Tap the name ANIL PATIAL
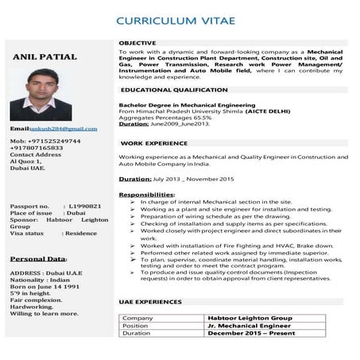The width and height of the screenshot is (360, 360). (45, 57)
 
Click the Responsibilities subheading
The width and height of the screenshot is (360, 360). (146, 195)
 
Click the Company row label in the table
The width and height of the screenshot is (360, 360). (137, 318)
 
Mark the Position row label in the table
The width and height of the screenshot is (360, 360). (136, 326)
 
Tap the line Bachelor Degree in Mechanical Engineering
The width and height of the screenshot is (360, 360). (176, 105)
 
